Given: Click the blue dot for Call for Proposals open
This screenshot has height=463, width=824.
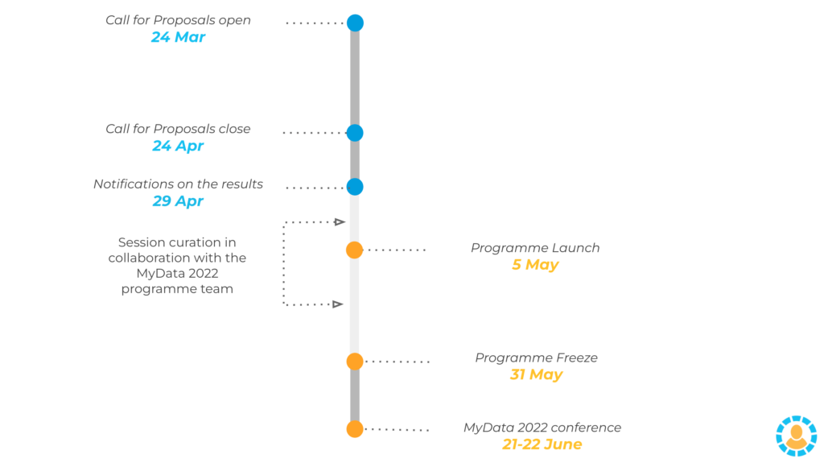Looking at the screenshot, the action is pos(355,23).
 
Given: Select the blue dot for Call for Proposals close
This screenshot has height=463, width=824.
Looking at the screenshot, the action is pos(355,133).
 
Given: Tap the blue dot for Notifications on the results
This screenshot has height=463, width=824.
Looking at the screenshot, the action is pos(355,187).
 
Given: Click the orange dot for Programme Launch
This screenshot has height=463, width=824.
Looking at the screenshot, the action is pos(355,250).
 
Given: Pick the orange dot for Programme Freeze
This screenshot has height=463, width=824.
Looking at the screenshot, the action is pos(355,362).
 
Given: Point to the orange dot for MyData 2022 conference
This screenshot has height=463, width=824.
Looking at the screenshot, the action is pos(355,429).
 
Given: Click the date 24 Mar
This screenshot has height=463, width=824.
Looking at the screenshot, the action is pos(178,37).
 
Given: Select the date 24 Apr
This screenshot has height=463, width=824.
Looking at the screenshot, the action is pos(178,146).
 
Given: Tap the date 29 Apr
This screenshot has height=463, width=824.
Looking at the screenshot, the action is pos(178,201).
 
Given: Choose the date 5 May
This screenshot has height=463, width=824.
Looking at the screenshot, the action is pos(535,265).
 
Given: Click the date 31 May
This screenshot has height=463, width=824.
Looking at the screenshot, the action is pos(536,374).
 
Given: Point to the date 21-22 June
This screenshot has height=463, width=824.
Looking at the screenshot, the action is pos(542,444).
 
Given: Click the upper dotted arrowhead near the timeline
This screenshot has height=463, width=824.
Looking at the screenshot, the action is pos(340,222).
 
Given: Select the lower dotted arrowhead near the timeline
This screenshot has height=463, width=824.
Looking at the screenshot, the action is pos(338,304).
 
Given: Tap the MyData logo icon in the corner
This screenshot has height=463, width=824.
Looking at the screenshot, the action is pos(796,436).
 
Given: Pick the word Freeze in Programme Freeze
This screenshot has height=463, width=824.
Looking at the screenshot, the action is pos(576,358).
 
